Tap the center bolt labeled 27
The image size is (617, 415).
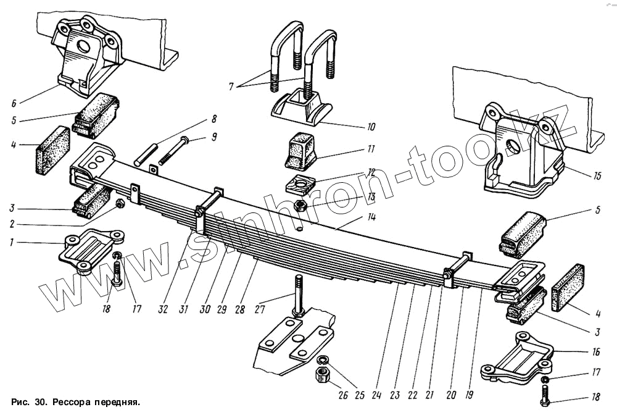pos(299,296)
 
